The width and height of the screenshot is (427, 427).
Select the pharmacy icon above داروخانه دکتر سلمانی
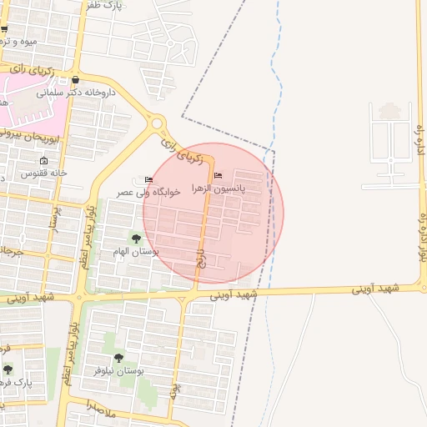click(76, 81)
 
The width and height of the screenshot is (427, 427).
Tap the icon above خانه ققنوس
click(44, 161)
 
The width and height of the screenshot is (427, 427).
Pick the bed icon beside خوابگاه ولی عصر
click(148, 179)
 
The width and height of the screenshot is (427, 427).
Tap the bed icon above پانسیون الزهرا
click(219, 175)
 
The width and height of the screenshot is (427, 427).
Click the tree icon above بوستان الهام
click(136, 239)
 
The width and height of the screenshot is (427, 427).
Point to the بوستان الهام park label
click(129, 252)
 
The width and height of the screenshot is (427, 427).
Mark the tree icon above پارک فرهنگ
click(8, 369)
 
